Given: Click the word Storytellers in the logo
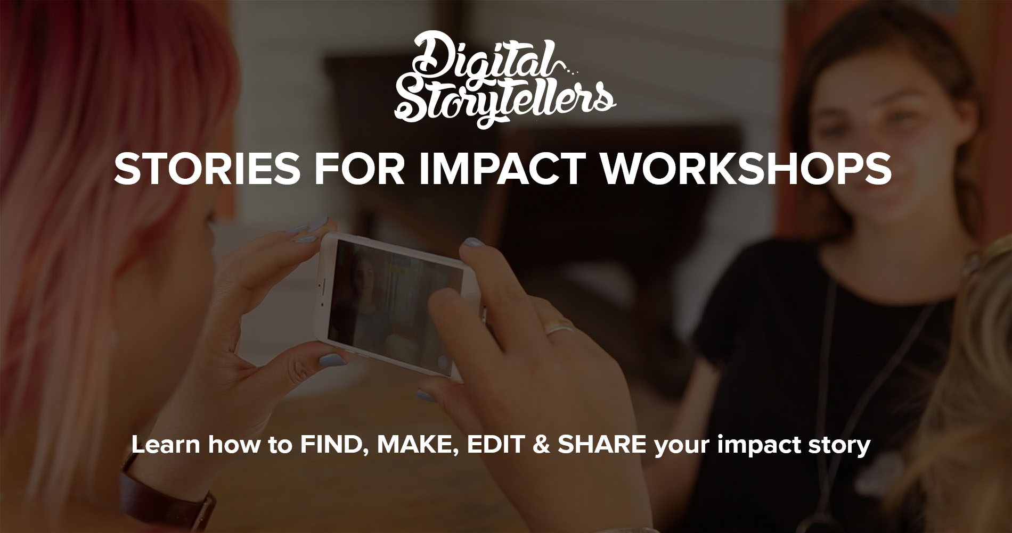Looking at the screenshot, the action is [x=504, y=101].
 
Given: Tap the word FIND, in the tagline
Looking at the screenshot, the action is [x=333, y=445].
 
